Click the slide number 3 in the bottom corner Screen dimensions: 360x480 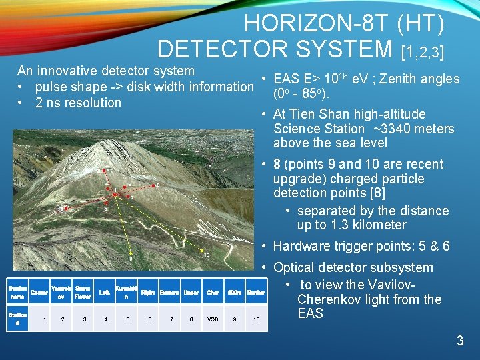[459, 341]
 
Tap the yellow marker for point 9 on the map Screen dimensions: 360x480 [132, 254]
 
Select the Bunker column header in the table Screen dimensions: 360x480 [256, 292]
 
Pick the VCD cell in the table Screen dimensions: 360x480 [213, 319]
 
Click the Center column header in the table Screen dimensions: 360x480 [39, 292]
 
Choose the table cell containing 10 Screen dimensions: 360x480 [256, 319]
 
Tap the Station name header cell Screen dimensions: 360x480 [17, 292]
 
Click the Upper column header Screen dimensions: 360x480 [191, 292]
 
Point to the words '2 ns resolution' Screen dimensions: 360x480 [78, 103]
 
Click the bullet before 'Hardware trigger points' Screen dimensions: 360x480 [264, 247]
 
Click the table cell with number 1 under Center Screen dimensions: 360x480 [45, 319]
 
